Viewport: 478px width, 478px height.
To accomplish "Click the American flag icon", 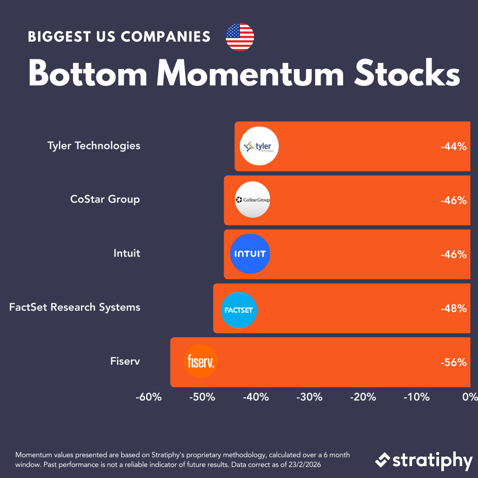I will point(240,37).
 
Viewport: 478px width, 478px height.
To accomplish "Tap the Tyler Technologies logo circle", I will point(259,146).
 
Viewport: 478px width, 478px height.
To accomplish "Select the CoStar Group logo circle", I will point(252,200).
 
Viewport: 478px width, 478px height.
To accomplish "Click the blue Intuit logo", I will point(250,254).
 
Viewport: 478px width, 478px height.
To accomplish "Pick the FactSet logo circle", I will point(239,310).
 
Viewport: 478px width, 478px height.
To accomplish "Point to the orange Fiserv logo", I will point(201,361).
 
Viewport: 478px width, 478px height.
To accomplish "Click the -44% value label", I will point(453,146).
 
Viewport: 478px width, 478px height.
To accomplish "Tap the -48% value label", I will point(453,308).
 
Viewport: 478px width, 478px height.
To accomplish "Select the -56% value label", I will point(453,362).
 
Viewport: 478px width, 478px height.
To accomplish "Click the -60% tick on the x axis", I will point(148,397).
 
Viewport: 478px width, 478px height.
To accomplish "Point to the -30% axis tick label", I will point(309,397).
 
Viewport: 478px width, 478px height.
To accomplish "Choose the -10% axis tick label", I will point(416,397).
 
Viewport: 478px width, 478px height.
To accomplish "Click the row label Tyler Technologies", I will point(94,146).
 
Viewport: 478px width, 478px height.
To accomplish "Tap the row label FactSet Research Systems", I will point(75,307).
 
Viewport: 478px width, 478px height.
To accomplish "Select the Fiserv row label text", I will point(125,361).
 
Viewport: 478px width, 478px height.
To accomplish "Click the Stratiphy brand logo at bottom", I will point(424,461).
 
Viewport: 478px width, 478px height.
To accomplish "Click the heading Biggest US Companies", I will point(119,37).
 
